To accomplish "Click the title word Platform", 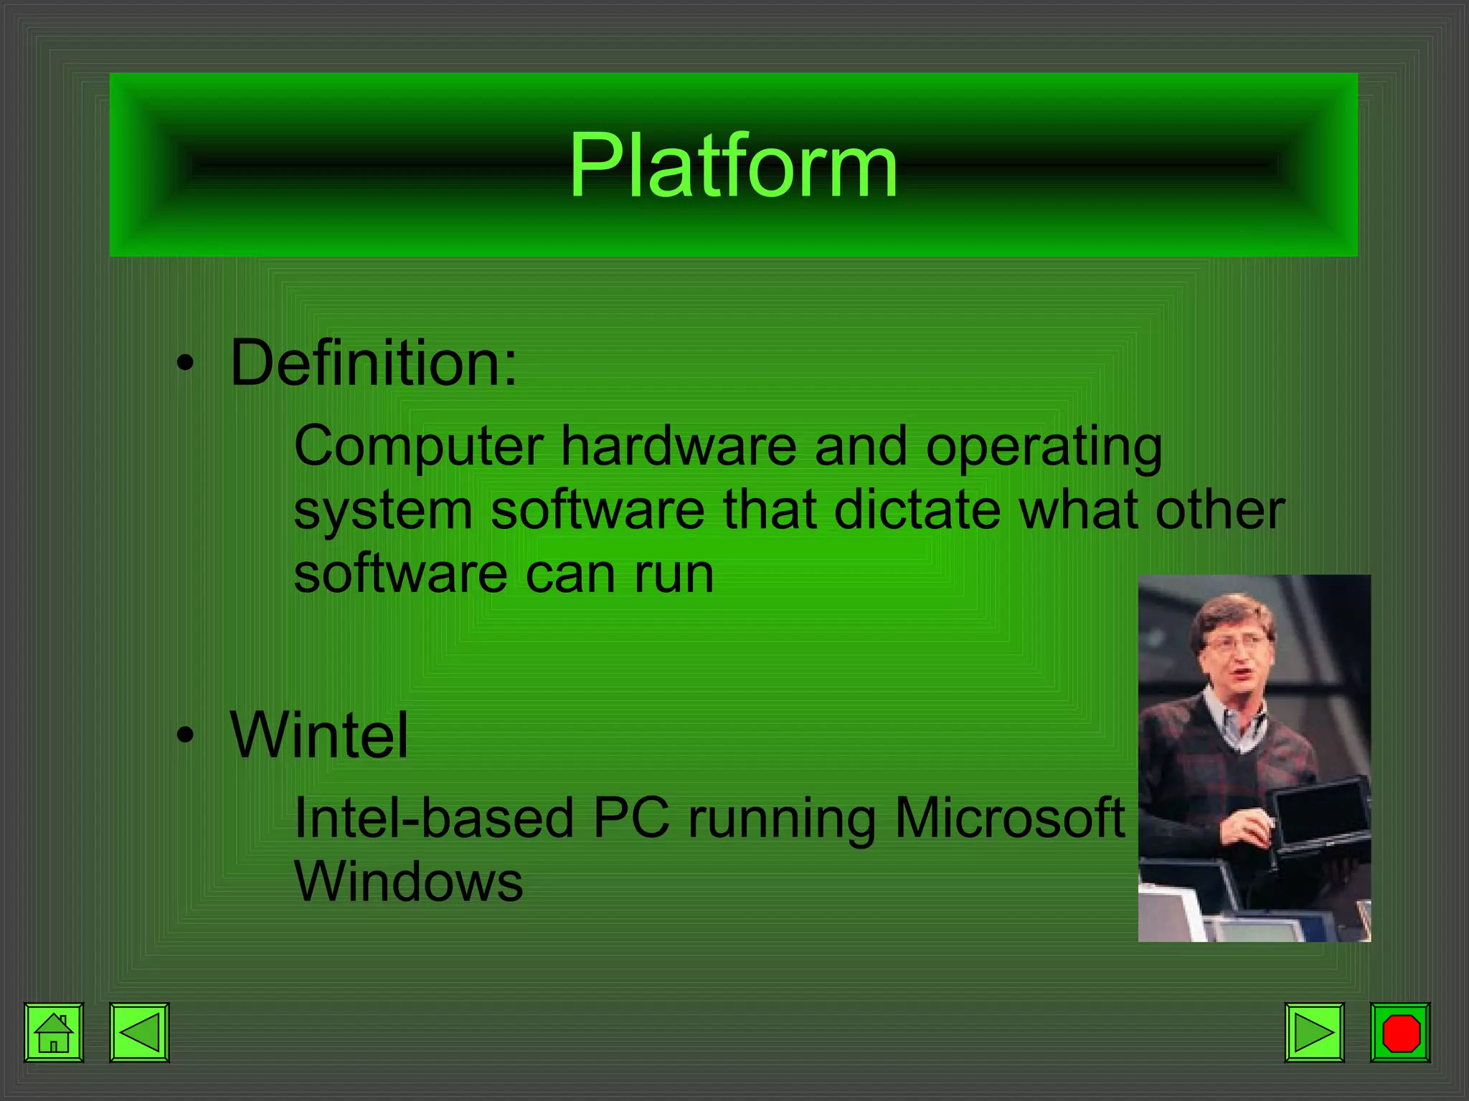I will click(x=733, y=167).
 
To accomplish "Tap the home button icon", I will click(x=54, y=1032).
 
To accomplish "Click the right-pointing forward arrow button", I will click(x=1314, y=1032).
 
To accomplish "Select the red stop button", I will click(x=1400, y=1032).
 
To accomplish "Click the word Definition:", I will click(x=373, y=363).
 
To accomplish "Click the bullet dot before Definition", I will click(x=186, y=363).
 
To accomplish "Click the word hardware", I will click(x=678, y=446).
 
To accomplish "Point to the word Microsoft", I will click(x=1009, y=818).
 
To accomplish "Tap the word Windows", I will click(x=408, y=882).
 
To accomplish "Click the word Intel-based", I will click(x=434, y=818).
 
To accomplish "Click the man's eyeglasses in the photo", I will click(x=1235, y=642).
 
